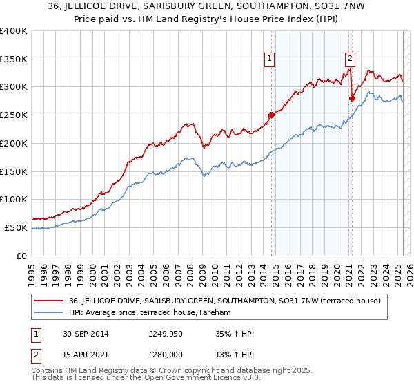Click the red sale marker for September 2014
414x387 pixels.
coord(271,115)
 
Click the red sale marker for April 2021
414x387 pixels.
coord(352,98)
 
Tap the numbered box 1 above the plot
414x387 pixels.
coord(268,59)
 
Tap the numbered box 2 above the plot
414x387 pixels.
coord(351,59)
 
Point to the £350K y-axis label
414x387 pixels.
coord(14,59)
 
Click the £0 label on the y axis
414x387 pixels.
coord(23,256)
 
